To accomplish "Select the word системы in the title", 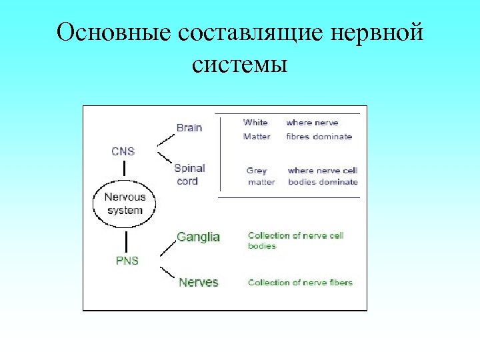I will coord(239,65).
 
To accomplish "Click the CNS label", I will coord(123,151).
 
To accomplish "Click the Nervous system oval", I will coord(125,204).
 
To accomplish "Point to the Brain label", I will coord(189,127).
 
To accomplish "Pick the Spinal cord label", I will coord(189,175).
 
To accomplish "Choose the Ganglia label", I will coord(198,237).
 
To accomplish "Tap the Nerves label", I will coord(198,282).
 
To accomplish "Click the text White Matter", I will coord(257,129).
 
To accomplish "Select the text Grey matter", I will coord(261,177).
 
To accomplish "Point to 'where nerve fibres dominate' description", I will coord(319,129).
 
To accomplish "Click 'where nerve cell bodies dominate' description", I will coord(323,177).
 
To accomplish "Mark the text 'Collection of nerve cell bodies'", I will coord(295,241).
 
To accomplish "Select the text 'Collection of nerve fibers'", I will coord(300,283).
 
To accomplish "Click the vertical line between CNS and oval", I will coord(124,169).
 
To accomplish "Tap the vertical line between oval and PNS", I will coord(125,240).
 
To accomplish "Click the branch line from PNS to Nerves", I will coord(166,273).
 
